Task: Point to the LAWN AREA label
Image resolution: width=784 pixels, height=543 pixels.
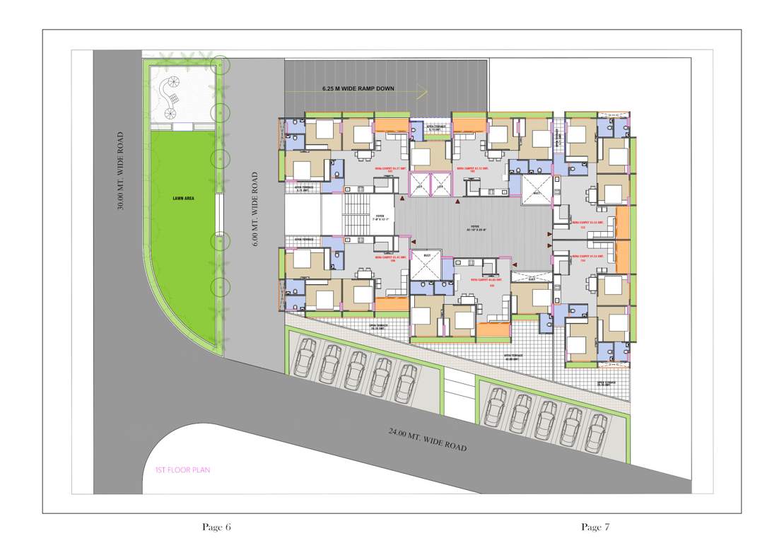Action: coord(183,198)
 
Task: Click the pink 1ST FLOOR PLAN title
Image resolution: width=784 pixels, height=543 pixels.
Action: coord(182,469)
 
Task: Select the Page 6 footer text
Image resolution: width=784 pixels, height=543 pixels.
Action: coord(216,527)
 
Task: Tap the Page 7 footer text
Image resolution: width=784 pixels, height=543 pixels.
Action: coord(595,527)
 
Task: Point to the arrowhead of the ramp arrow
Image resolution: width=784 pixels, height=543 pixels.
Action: coord(424,90)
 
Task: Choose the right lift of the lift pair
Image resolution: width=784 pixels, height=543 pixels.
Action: coord(440,185)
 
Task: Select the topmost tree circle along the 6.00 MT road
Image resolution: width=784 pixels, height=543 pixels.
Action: coord(221,66)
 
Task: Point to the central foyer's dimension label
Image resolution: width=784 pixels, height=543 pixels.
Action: coord(477,230)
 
